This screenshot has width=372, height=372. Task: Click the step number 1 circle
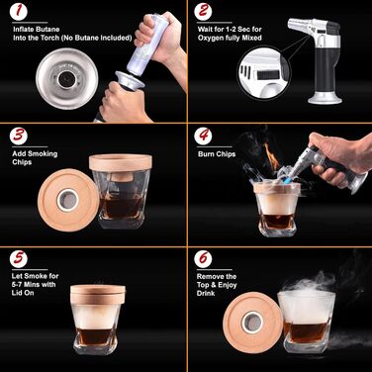[18, 11]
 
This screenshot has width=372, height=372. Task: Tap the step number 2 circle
[203, 11]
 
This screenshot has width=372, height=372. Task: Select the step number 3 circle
[19, 136]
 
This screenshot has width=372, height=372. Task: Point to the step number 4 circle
[203, 136]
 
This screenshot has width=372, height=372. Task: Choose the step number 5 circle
[19, 258]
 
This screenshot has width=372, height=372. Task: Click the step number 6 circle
[203, 258]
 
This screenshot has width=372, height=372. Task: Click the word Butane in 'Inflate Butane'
[47, 30]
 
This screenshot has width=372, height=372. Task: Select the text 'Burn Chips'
[217, 154]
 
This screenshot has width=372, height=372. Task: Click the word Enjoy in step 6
[227, 285]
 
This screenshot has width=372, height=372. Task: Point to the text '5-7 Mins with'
[34, 284]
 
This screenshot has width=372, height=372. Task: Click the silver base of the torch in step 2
[325, 98]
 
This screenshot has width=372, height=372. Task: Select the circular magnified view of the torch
[263, 72]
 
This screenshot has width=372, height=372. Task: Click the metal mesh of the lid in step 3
[68, 200]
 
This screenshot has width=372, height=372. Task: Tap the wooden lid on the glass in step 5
[98, 294]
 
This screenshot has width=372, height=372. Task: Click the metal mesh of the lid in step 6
[252, 322]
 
